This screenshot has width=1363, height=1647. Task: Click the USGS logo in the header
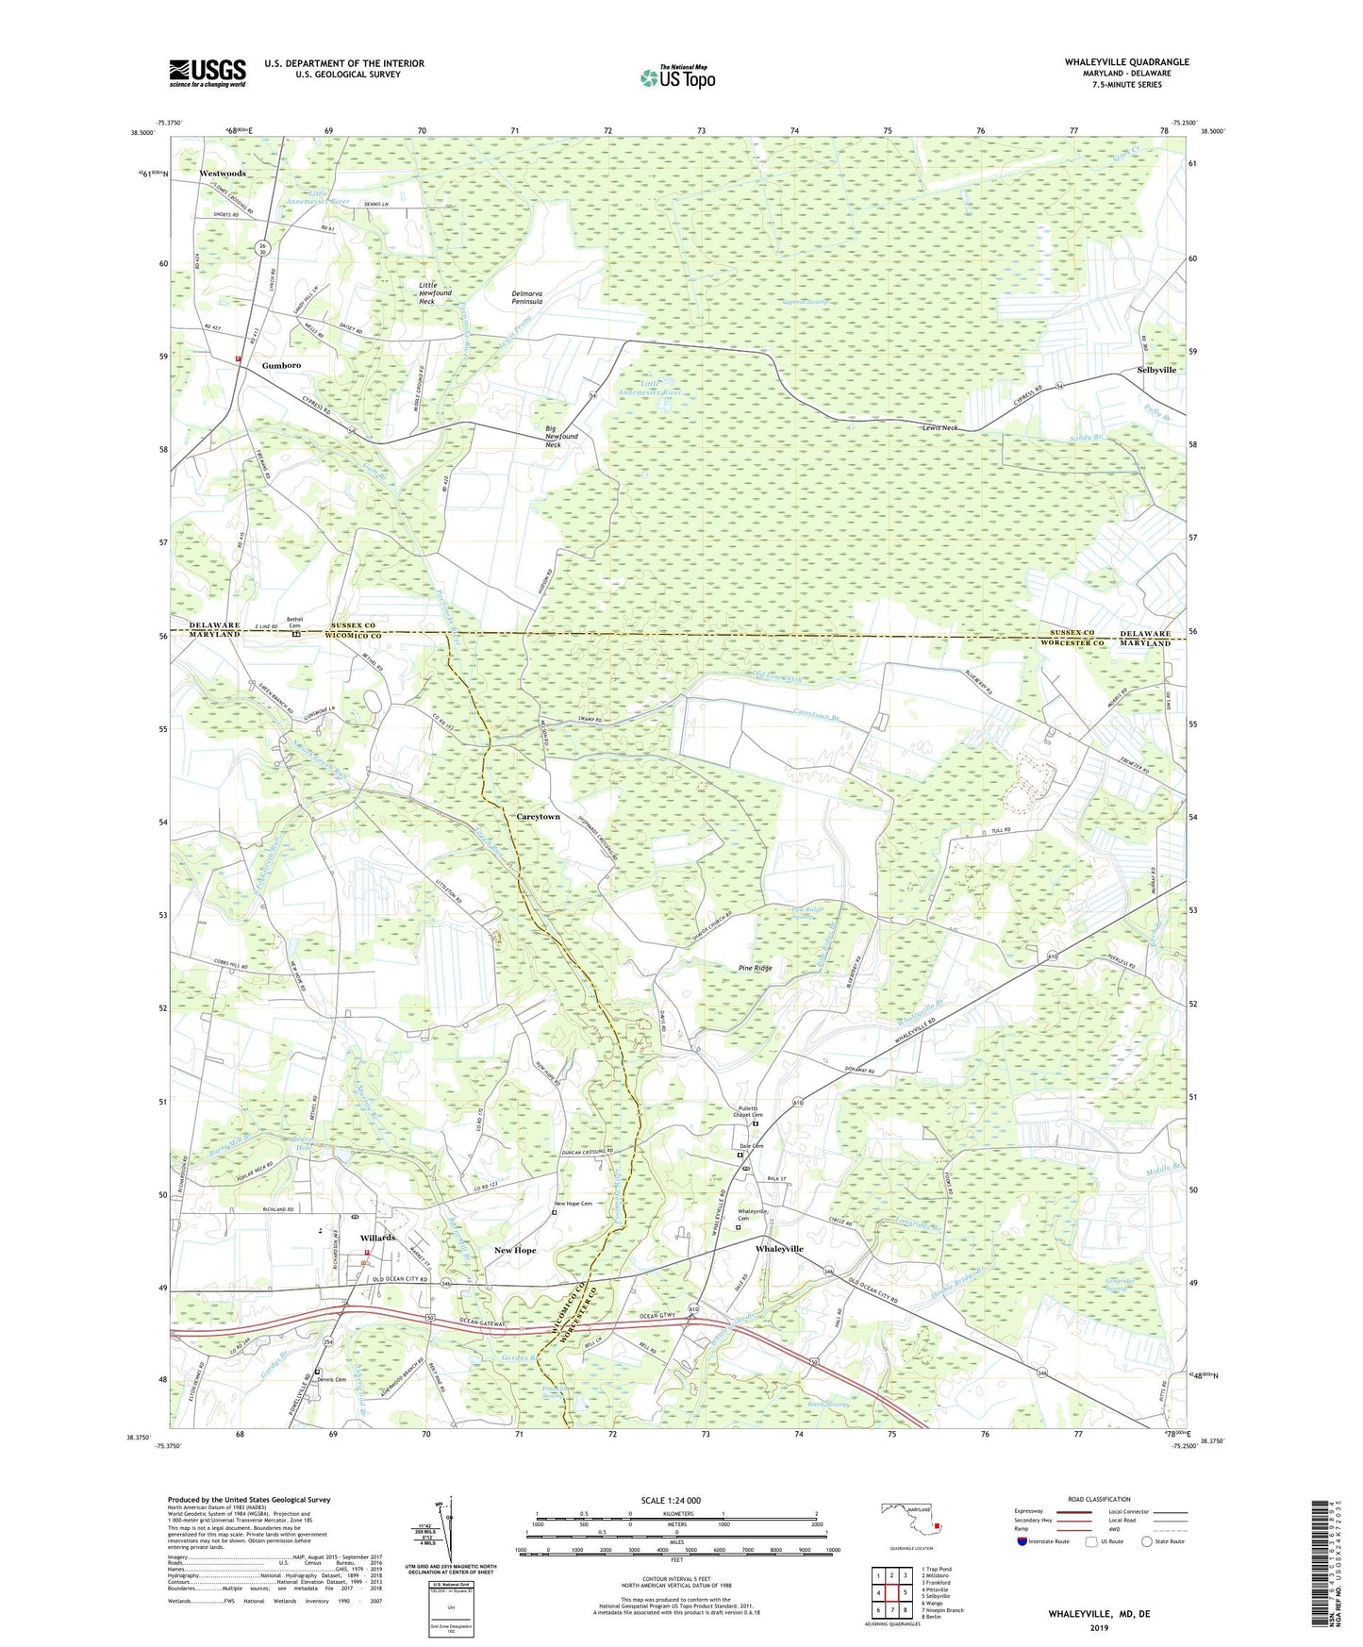[x=207, y=73]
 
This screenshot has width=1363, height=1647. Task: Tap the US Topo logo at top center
[x=677, y=77]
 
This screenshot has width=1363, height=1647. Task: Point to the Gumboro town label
[x=281, y=365]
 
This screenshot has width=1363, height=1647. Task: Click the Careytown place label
[x=539, y=817]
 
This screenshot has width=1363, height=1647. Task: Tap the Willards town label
[x=377, y=1238]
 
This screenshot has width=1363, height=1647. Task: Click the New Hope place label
[x=515, y=1250]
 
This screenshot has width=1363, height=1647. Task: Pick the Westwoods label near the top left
[x=223, y=174]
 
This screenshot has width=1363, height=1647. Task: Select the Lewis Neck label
[x=939, y=427]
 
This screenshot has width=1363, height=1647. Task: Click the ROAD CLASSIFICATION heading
[x=1099, y=1499]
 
